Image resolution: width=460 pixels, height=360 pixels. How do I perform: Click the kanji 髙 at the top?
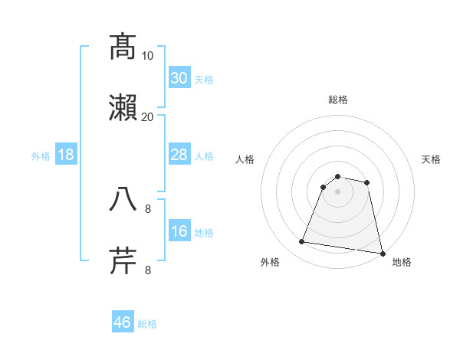click(x=123, y=47)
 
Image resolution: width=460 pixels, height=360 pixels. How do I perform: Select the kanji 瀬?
click(x=123, y=108)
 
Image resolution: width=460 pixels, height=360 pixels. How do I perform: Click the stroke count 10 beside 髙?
click(x=148, y=55)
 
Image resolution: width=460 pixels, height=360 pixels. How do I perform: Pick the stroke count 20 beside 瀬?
click(x=148, y=116)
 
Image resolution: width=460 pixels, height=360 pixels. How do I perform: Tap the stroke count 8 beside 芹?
click(x=148, y=270)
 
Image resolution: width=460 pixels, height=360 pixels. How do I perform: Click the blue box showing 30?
click(x=179, y=78)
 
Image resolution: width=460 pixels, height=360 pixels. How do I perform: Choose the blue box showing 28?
click(x=179, y=155)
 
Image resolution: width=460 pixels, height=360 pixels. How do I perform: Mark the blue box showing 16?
click(x=179, y=231)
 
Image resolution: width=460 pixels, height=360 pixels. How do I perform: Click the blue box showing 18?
click(x=66, y=155)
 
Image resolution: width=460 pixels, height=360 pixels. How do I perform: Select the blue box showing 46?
click(x=123, y=322)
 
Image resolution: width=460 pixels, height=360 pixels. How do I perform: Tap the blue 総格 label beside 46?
click(x=147, y=324)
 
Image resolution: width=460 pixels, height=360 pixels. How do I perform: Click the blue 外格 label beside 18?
click(x=41, y=156)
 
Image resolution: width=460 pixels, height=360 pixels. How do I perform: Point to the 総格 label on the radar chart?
click(x=338, y=100)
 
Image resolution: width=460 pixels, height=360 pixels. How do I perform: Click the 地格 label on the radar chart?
click(x=402, y=262)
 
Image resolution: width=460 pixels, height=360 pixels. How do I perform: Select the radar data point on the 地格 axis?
click(x=382, y=253)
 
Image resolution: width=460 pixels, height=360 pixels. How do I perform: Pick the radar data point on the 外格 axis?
click(x=302, y=242)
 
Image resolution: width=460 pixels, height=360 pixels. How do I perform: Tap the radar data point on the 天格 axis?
click(x=367, y=182)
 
